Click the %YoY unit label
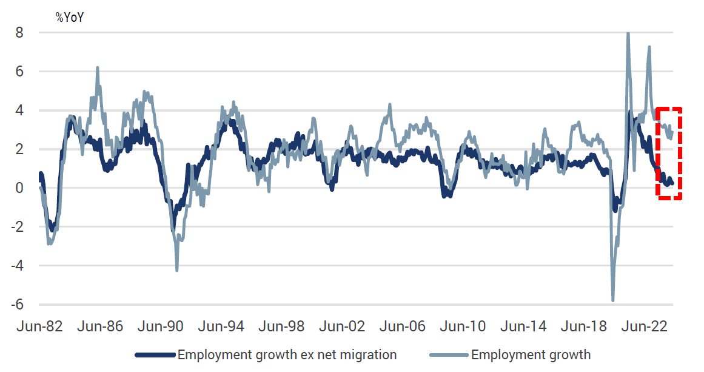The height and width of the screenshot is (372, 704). pos(69,17)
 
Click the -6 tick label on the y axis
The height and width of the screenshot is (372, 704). pos(16,305)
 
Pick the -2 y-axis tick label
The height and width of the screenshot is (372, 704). pos(16,227)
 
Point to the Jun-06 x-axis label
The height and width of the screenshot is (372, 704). pos(402,326)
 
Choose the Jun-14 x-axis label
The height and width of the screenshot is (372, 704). pos(523,326)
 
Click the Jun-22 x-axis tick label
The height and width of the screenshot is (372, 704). pos(645,326)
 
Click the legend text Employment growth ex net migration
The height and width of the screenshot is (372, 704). pos(287,354)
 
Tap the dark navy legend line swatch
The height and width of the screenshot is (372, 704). pos(155,354)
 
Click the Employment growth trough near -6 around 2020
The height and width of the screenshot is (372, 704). pos(613,300)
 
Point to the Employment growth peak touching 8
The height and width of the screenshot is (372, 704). pos(628,34)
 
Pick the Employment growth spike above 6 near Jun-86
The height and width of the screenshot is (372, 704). pos(97,68)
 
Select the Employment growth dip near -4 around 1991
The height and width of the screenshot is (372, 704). pos(177,270)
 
